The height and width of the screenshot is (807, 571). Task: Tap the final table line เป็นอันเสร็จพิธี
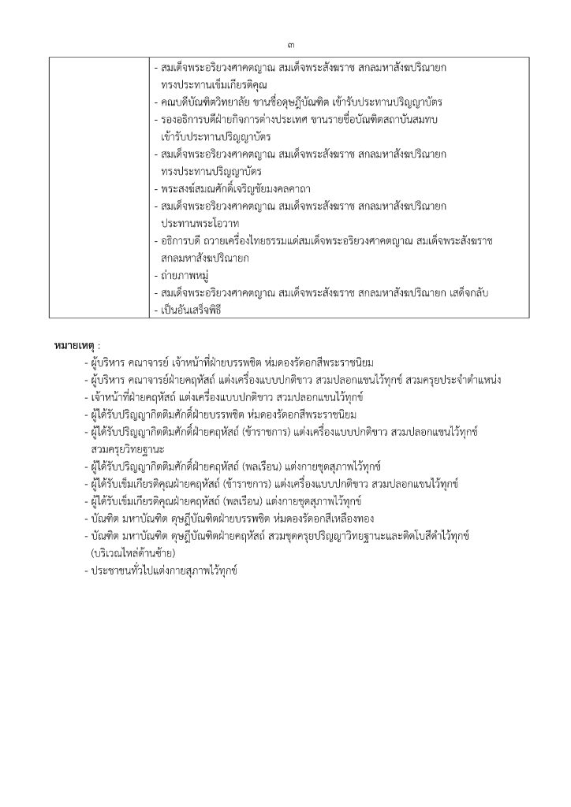189,310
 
